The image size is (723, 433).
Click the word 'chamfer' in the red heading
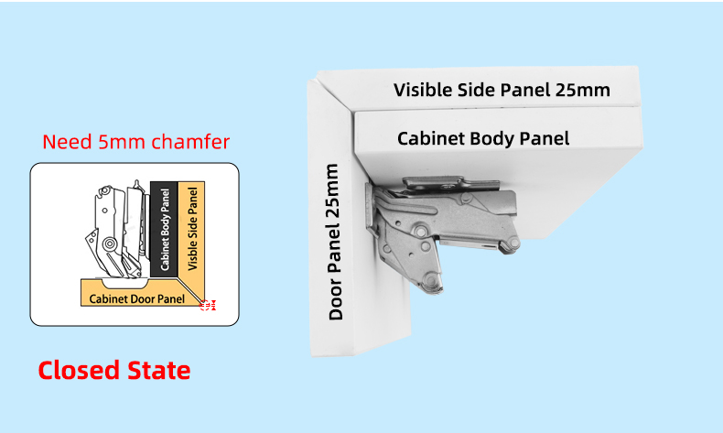(x=190, y=142)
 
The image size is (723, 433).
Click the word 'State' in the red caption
(x=158, y=370)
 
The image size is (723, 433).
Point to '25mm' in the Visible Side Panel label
(x=582, y=90)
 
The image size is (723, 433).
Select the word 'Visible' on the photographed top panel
(x=423, y=90)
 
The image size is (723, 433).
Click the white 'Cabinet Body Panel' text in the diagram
(x=165, y=230)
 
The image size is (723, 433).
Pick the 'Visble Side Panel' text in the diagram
(x=192, y=229)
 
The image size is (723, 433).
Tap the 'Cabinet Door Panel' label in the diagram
(x=137, y=298)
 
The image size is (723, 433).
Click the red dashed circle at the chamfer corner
(x=205, y=305)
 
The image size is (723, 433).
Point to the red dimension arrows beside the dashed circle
(x=212, y=305)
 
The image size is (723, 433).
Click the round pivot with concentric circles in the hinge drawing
(x=109, y=244)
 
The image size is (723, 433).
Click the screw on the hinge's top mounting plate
(x=448, y=187)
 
